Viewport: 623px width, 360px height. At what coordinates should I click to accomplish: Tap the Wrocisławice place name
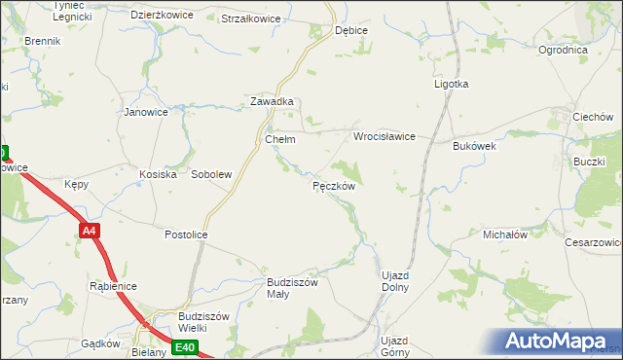[x=385, y=137]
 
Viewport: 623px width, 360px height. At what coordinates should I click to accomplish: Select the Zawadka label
[x=272, y=101]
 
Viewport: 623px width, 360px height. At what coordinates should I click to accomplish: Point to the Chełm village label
[x=280, y=139]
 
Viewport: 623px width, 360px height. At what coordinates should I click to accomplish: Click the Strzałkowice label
[x=250, y=18]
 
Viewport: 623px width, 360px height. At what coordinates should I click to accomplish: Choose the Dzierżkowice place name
[x=163, y=16]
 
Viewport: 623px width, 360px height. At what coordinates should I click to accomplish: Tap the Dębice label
[x=350, y=30]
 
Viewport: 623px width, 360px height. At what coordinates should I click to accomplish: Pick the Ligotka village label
[x=451, y=84]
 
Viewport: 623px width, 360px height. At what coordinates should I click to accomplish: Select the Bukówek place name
[x=475, y=146]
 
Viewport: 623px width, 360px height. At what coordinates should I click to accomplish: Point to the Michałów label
[x=505, y=234]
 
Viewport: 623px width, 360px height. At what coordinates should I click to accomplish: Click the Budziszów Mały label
[x=293, y=288]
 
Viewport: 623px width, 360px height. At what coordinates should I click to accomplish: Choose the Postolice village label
[x=187, y=234]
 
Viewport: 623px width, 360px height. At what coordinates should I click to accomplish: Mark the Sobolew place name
[x=211, y=174]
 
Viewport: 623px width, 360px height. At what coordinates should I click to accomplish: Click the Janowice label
[x=146, y=112]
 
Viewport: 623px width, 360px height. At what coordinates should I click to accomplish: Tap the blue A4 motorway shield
[x=89, y=231]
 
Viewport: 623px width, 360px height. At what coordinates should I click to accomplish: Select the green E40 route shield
[x=186, y=347]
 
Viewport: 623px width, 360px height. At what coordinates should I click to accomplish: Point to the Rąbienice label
[x=113, y=286]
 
